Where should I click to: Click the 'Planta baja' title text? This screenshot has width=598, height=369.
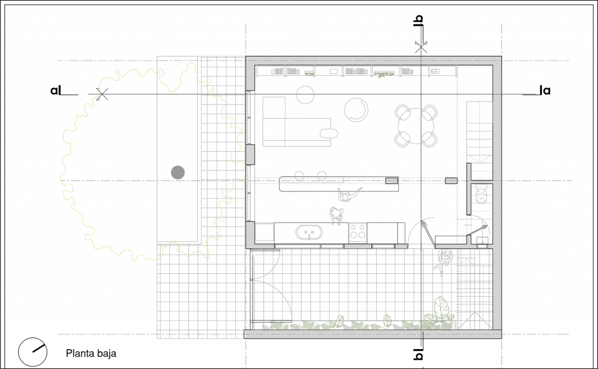[91, 353]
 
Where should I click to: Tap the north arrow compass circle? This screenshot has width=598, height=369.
[33, 352]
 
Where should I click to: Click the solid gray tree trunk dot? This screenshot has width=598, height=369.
[178, 172]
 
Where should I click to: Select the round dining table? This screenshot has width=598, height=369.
[416, 126]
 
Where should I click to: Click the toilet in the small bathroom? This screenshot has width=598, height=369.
[481, 194]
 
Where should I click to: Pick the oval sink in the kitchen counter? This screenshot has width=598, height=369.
[309, 232]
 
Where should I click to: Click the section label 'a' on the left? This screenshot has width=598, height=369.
[55, 90]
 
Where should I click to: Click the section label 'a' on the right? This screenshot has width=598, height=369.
[545, 90]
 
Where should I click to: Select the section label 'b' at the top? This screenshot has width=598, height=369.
[419, 20]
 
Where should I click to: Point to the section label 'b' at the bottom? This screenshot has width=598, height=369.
[419, 354]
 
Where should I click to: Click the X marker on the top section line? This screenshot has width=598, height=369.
[420, 47]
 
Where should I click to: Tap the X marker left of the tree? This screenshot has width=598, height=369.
[102, 94]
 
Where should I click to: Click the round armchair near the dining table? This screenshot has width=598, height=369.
[356, 110]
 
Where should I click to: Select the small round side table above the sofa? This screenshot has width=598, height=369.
[305, 95]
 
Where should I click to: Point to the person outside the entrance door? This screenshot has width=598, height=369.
[444, 260]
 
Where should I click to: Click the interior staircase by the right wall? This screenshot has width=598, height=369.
[480, 140]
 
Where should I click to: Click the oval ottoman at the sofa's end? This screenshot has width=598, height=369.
[329, 133]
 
